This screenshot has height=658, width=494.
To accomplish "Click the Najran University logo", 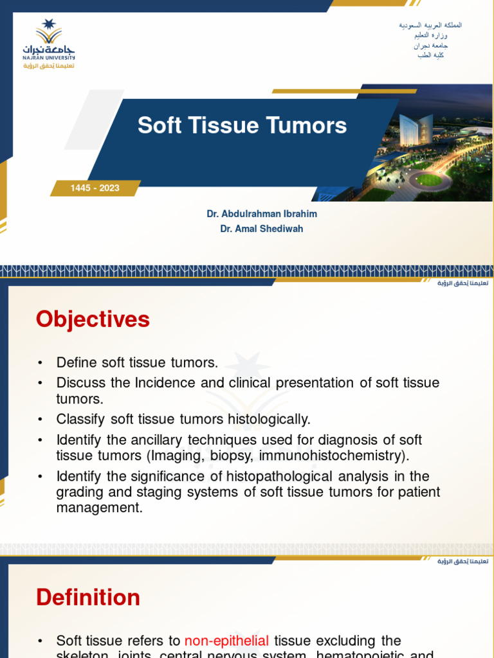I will click(49, 44).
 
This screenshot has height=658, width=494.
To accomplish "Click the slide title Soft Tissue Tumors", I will click(242, 125).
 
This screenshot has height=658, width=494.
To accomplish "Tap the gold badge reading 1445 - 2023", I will click(95, 188).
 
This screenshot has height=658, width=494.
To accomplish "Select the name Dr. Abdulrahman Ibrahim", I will click(262, 214).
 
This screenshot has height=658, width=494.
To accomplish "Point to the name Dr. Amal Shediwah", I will click(262, 229).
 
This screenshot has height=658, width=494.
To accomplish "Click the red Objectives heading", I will click(93, 319).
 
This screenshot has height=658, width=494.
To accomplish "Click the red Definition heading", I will click(88, 598).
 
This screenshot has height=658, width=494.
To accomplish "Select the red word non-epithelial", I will click(226, 641).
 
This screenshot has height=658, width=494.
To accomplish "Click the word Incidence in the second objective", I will click(165, 383).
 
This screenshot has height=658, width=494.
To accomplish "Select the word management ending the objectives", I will click(98, 508).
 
